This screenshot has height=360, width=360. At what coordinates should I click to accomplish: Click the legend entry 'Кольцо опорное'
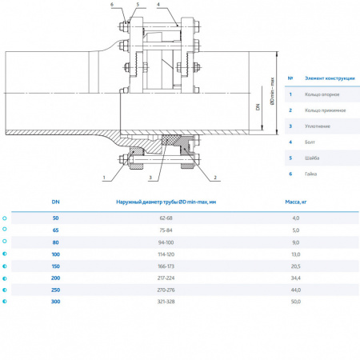coord(322,94)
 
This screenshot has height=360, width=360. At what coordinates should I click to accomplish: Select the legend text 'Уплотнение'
coord(318,126)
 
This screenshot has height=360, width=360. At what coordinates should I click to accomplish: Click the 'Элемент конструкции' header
coord(328,78)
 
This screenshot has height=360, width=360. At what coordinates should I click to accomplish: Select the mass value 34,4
coord(295,277)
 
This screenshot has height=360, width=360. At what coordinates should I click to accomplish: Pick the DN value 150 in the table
coord(55,265)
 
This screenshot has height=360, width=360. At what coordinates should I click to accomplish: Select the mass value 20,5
coord(295,265)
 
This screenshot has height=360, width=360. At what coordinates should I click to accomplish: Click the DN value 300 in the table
coord(55,301)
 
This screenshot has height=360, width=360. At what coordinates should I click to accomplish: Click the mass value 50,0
coord(295,301)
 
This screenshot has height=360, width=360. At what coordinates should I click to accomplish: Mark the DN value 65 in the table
coord(55,230)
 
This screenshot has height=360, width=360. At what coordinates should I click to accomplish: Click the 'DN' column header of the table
coord(55,202)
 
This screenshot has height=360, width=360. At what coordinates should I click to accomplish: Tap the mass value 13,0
coord(295,254)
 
